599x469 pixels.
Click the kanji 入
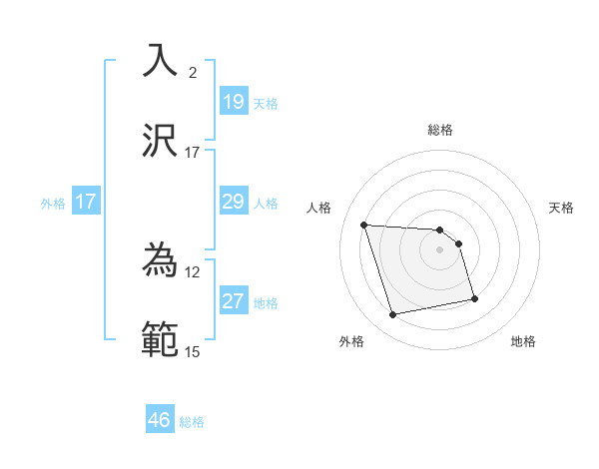[x=161, y=61]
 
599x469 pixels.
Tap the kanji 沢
[x=161, y=141]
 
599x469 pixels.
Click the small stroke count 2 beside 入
[x=193, y=73]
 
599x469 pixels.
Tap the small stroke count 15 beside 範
[x=192, y=352]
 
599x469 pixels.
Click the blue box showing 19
[x=233, y=102]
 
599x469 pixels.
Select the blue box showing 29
[x=233, y=202]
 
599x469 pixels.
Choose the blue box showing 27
[x=233, y=301]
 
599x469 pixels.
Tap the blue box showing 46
[x=160, y=420]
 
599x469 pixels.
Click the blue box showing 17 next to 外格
[x=85, y=202]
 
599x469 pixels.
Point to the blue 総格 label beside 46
[x=192, y=422]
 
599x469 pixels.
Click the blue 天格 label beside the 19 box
[x=266, y=104]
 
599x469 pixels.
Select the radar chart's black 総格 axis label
[x=440, y=130]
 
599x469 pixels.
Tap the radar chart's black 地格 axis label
[x=523, y=342]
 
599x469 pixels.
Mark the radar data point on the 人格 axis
[x=364, y=225]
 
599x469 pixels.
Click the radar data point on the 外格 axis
[x=393, y=315]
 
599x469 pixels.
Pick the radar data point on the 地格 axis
[x=474, y=298]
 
